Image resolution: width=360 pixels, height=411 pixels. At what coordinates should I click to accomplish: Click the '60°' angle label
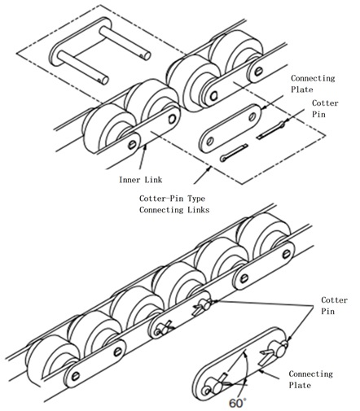click(x=238, y=403)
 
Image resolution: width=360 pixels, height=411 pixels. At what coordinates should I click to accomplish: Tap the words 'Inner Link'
click(x=141, y=180)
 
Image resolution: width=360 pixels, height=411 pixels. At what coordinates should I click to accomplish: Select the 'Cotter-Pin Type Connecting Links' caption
click(x=174, y=204)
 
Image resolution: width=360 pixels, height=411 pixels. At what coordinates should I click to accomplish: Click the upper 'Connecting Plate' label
click(x=313, y=84)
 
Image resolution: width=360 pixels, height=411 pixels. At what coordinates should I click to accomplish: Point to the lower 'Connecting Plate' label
click(x=310, y=379)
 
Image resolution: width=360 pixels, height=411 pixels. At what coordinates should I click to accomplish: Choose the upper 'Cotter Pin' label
click(x=325, y=108)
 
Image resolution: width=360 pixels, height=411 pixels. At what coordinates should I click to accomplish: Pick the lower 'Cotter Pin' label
click(x=334, y=305)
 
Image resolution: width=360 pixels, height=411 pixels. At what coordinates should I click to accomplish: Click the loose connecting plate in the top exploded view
click(x=230, y=129)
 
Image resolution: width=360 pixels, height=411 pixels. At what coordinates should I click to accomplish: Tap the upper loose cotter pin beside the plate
click(x=271, y=130)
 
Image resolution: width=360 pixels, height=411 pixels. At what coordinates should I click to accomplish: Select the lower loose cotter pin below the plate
click(x=234, y=153)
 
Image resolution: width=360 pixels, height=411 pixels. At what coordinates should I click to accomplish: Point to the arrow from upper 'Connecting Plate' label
click(x=273, y=102)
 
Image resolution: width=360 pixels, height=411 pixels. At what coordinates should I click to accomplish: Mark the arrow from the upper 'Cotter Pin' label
click(x=295, y=116)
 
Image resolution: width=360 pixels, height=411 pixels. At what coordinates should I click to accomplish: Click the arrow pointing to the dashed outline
click(x=203, y=175)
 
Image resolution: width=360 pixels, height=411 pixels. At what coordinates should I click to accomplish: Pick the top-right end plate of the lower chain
click(x=265, y=266)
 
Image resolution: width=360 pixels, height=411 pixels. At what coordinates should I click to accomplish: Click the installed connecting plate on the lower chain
click(x=180, y=315)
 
